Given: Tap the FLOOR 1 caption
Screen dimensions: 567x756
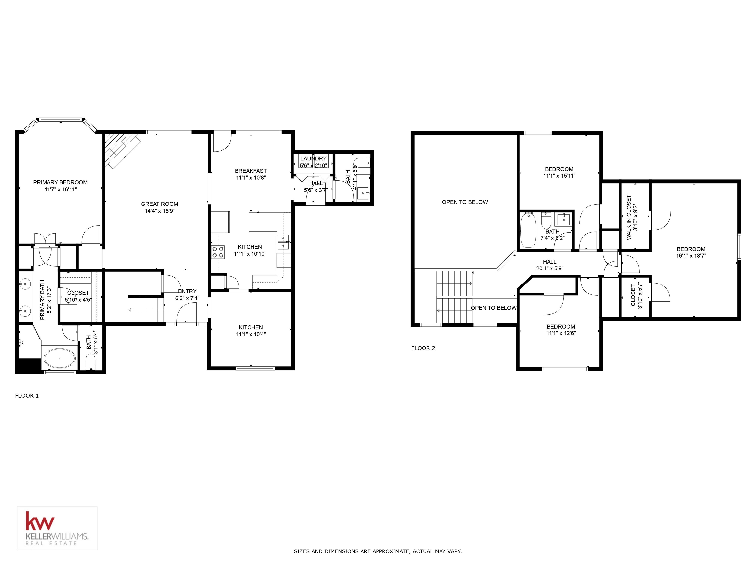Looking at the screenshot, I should tap(27, 396).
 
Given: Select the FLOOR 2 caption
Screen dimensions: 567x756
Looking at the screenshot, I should tap(423, 348).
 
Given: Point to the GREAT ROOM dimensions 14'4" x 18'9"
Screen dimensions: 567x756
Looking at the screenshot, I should tap(160, 211).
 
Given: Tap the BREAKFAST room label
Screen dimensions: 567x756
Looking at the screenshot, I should tap(251, 171).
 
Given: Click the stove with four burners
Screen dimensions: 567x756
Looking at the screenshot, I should tap(218, 252).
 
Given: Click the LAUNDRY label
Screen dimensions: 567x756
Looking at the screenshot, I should tap(314, 158).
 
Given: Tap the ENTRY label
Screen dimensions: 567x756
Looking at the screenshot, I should tap(187, 291).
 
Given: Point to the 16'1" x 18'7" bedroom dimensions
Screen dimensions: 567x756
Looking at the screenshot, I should tap(691, 256).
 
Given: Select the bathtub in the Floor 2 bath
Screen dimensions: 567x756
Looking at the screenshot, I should tap(528, 230).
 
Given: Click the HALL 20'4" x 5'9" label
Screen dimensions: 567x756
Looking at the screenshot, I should tap(550, 265).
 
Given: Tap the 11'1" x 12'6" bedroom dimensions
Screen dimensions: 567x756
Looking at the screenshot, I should tap(561, 333).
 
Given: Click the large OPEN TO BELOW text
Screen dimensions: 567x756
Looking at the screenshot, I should tap(465, 202).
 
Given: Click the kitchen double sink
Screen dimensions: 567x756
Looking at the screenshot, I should tap(283, 242).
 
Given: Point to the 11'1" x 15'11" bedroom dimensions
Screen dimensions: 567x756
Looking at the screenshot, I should tap(559, 176).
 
